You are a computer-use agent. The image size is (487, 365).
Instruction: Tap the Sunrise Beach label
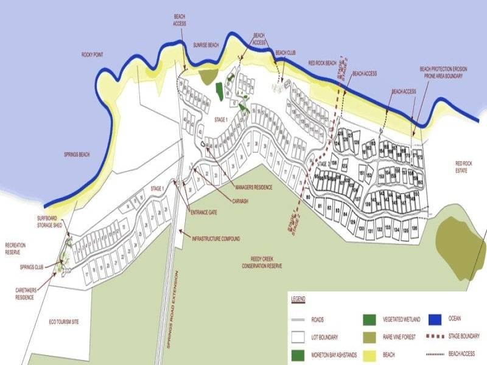(206, 45)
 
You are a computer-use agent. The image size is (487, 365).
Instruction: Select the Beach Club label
(286, 53)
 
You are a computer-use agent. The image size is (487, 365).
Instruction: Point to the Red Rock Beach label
(322, 63)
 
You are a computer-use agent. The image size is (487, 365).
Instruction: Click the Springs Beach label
(77, 155)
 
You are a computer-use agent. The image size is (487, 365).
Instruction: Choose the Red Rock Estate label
(464, 167)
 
